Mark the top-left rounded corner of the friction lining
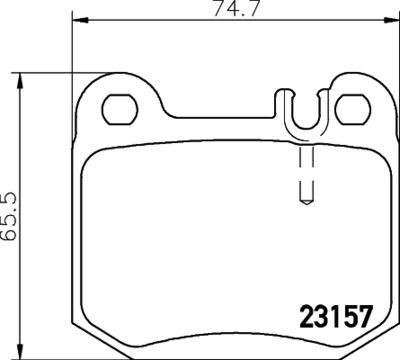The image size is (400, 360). pyautogui.click(x=95, y=145)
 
